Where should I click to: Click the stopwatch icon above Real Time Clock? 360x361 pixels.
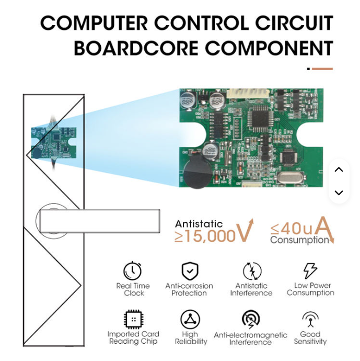pyautogui.click(x=133, y=270)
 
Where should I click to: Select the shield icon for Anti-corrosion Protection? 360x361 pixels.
pyautogui.click(x=189, y=270)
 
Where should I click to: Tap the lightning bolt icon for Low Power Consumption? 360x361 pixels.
pyautogui.click(x=310, y=270)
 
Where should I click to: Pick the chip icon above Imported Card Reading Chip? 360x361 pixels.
pyautogui.click(x=134, y=319)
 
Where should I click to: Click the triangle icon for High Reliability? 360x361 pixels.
pyautogui.click(x=190, y=319)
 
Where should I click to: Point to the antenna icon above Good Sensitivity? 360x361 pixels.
pyautogui.click(x=310, y=319)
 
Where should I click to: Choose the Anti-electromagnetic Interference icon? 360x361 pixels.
pyautogui.click(x=251, y=319)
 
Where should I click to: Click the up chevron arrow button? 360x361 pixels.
pyautogui.click(x=339, y=170)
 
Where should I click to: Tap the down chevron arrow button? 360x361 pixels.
pyautogui.click(x=339, y=193)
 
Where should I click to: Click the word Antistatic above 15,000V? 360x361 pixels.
pyautogui.click(x=199, y=224)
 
